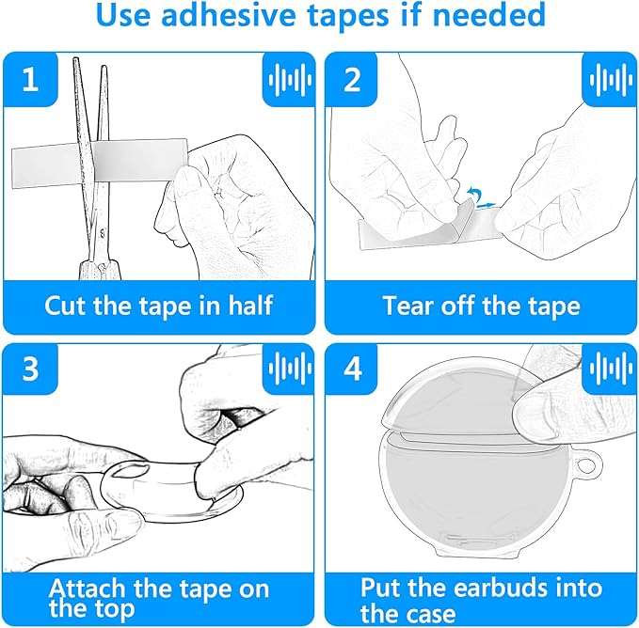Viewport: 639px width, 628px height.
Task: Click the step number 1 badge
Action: coord(30,79)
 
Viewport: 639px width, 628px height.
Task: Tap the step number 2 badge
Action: coord(352,79)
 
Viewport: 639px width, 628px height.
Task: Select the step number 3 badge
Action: coord(30,369)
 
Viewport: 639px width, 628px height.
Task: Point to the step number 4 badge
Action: coord(352,369)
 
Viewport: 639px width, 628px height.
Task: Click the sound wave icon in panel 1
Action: coord(290,79)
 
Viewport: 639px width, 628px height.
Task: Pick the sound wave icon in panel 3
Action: coord(290,369)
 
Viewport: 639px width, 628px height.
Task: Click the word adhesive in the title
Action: coord(228,15)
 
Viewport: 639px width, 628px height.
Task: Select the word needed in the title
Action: coord(488,15)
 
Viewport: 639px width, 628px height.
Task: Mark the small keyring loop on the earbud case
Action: coord(587,463)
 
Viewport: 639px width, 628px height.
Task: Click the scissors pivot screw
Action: coord(103,233)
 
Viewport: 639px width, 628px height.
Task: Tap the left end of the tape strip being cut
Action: coord(12,168)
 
